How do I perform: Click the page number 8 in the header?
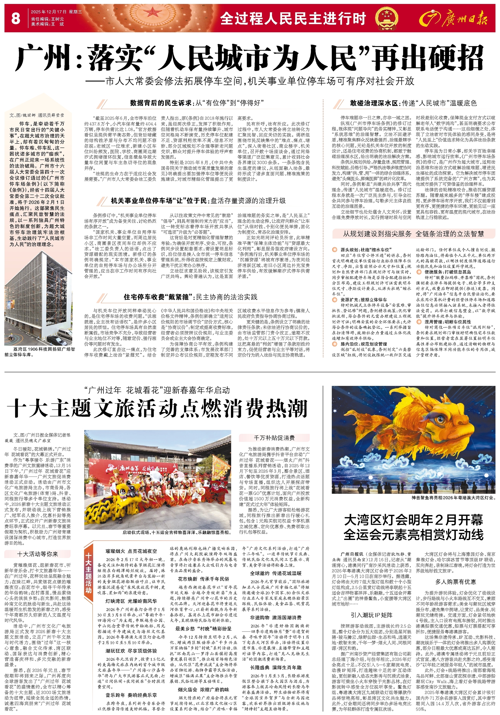(15, 18)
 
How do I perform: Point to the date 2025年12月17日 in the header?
(49, 12)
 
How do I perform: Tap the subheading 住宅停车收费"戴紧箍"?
(157, 297)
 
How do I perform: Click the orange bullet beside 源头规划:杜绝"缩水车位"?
(335, 250)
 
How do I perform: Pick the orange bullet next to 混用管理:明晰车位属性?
(420, 322)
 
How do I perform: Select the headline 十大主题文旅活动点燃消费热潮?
(157, 409)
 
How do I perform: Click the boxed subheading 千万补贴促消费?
(274, 438)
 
